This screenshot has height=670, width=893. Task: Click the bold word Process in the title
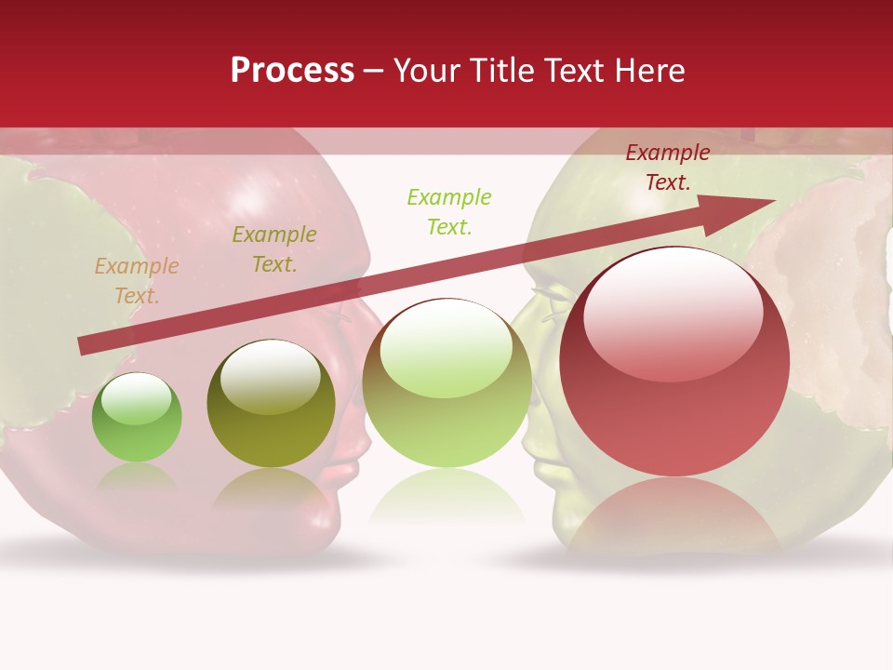coord(292,71)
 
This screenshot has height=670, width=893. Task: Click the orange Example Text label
coord(136,281)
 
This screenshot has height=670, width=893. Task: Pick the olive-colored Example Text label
coord(273,249)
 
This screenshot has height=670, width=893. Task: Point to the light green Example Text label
coord(449,211)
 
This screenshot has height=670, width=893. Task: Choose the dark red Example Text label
coord(667,167)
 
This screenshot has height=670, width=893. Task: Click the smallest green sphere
coord(137,419)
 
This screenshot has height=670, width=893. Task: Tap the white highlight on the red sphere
coord(673,312)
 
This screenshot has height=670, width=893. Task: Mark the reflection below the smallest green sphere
coord(137,476)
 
